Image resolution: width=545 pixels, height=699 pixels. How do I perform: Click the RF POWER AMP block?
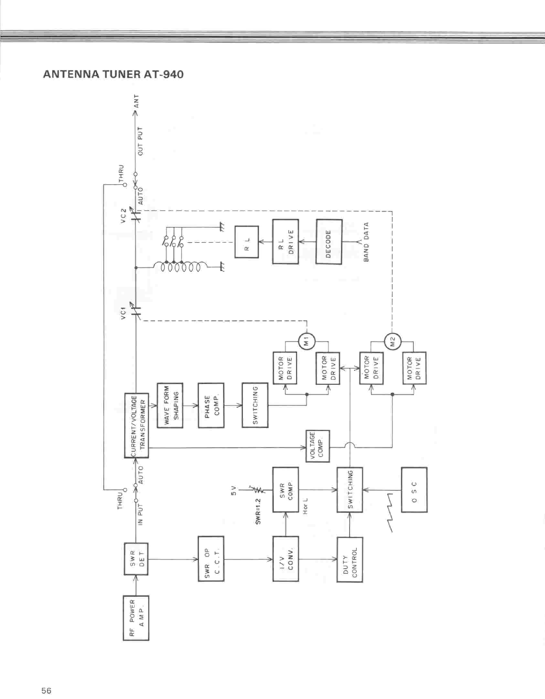click(136, 618)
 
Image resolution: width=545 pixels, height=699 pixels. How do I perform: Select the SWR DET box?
click(136, 559)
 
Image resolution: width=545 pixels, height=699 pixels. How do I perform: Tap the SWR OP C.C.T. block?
click(211, 559)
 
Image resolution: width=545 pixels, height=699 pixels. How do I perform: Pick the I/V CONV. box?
click(285, 559)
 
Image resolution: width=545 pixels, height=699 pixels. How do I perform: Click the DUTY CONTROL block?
click(350, 559)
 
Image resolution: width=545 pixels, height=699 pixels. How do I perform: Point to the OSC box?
click(414, 490)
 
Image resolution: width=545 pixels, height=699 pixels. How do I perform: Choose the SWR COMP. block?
click(285, 490)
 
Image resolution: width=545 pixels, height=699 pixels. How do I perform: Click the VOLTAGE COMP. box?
click(318, 446)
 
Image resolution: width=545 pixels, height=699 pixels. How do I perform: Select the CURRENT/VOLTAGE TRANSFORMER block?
click(136, 425)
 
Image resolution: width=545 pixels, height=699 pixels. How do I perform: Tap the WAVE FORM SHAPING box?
click(170, 405)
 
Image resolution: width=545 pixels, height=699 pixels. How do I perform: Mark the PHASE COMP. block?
click(211, 405)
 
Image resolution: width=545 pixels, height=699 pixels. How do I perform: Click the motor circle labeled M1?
click(307, 342)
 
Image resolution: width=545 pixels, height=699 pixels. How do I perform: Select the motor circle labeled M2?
click(393, 342)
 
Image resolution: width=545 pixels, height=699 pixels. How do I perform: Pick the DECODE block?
click(329, 242)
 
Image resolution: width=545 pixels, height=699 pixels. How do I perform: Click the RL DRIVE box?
click(285, 242)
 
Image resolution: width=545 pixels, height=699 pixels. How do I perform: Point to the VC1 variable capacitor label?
click(123, 311)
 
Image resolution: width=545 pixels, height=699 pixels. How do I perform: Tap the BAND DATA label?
click(366, 242)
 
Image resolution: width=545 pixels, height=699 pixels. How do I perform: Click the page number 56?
click(46, 690)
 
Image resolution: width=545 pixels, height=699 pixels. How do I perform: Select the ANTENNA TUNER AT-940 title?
click(113, 74)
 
